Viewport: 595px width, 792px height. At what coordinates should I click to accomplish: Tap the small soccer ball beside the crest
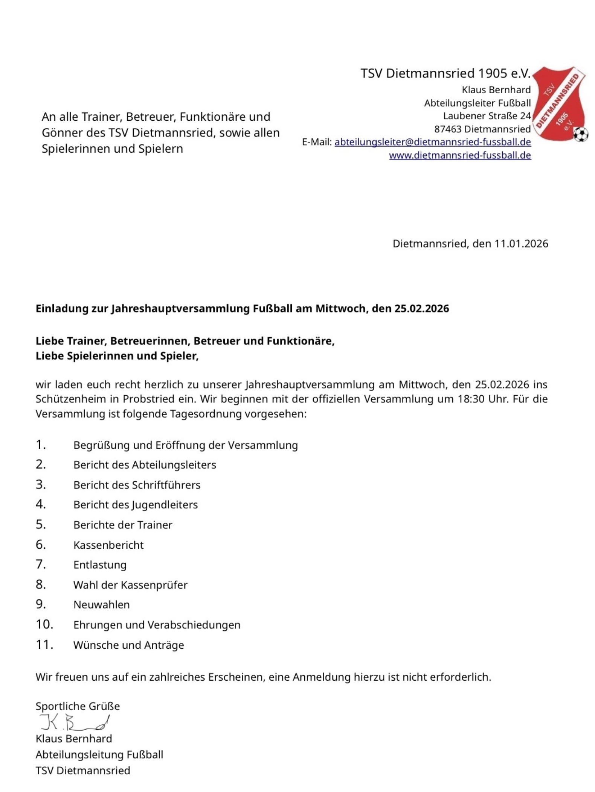point(580,134)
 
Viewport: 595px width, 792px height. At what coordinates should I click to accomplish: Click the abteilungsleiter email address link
point(432,142)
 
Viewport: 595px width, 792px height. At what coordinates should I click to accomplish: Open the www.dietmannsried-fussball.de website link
point(459,155)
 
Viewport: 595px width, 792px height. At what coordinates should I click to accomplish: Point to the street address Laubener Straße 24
point(487,116)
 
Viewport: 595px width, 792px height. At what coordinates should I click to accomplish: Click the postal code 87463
point(447,129)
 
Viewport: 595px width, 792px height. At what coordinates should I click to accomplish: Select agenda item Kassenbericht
point(108,545)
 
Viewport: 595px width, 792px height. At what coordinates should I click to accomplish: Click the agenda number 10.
point(44,624)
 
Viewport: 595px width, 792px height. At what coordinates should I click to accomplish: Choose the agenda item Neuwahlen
point(101,604)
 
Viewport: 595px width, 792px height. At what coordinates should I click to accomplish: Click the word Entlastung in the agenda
point(100,565)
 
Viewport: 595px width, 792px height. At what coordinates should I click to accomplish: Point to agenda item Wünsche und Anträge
point(128,645)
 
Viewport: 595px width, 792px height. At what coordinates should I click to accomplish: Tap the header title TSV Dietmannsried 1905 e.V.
point(445,73)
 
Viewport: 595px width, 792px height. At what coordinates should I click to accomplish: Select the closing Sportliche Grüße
point(78,706)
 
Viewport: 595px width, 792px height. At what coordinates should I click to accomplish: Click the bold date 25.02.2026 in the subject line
point(421,309)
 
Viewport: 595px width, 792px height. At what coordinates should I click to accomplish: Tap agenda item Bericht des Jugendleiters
point(135,505)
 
